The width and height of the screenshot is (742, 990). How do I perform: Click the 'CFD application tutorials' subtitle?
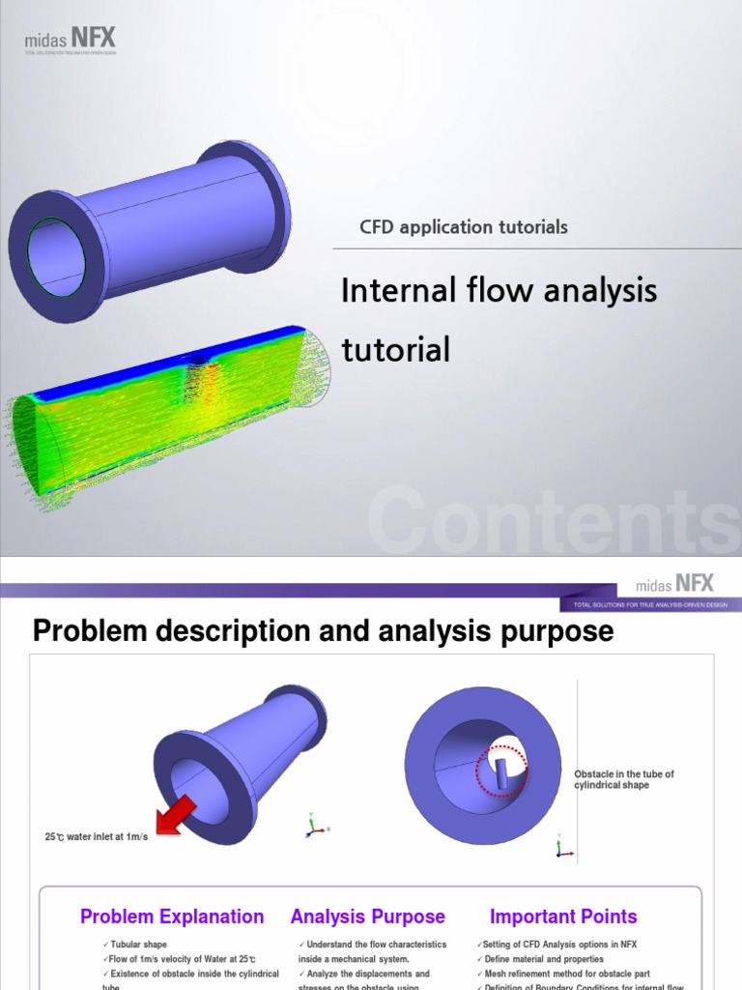[464, 227]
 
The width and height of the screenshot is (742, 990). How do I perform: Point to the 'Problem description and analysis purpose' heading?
[323, 632]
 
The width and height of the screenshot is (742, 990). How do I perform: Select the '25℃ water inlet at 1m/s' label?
[97, 836]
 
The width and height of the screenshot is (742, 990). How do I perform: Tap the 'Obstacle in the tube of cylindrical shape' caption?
[624, 779]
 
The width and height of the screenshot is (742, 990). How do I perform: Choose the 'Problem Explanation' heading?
[172, 917]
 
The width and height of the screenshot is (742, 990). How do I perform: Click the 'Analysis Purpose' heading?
[368, 917]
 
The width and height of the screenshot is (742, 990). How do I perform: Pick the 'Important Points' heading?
[563, 917]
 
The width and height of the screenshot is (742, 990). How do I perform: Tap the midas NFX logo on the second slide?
[674, 584]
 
